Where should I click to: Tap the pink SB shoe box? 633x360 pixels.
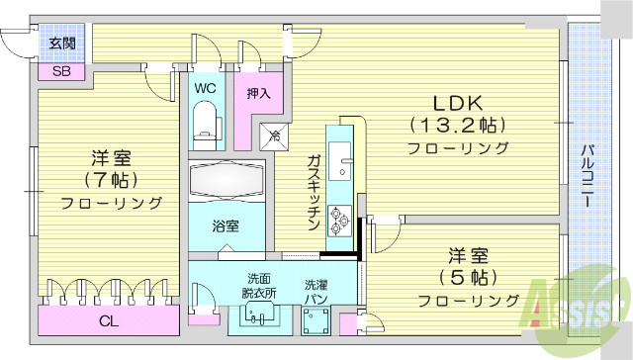click(x=61, y=71)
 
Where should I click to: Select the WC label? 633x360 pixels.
click(x=205, y=88)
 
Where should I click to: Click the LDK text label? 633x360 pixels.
click(x=456, y=102)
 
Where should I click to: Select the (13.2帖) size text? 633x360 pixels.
click(x=456, y=126)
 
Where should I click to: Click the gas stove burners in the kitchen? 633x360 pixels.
click(x=340, y=219)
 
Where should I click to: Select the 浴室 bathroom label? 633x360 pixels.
click(x=226, y=225)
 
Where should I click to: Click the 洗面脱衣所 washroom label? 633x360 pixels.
click(x=260, y=285)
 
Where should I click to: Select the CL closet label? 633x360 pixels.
click(x=110, y=320)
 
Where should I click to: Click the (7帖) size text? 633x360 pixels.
click(x=111, y=180)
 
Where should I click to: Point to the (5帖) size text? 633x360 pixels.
click(x=467, y=276)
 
